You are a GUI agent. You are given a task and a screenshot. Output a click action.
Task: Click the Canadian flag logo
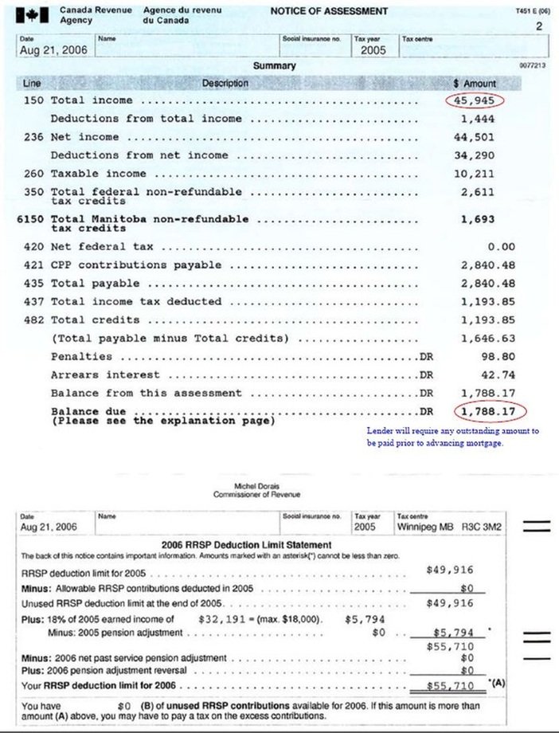(35, 15)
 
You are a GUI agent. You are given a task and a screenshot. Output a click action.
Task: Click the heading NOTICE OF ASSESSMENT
(329, 11)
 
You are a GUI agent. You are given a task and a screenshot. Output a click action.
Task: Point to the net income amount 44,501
(478, 137)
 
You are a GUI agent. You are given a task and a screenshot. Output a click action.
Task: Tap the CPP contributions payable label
(135, 265)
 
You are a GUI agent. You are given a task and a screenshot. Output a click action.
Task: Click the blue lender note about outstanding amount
(452, 436)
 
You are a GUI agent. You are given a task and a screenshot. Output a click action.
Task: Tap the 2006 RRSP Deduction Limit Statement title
(246, 545)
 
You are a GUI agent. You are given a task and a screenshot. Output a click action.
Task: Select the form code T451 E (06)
(533, 11)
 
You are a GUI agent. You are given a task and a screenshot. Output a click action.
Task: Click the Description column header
(225, 83)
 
